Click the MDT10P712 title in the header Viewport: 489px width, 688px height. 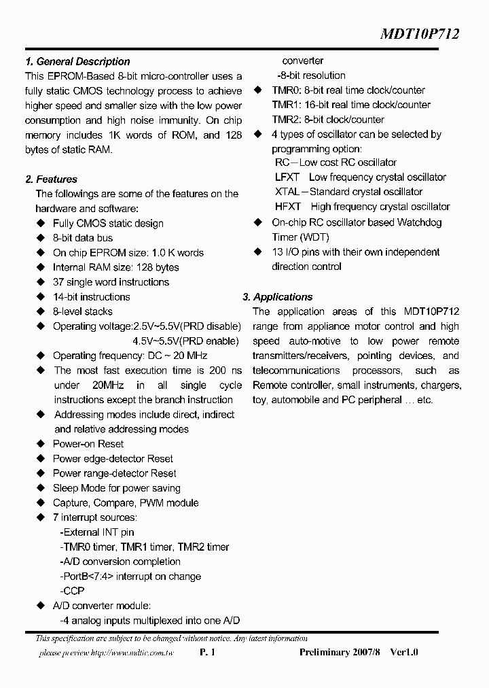pyautogui.click(x=418, y=34)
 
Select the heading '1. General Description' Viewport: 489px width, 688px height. pyautogui.click(x=77, y=61)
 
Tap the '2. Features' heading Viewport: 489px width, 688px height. pyautogui.click(x=51, y=179)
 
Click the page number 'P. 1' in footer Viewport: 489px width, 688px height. pyautogui.click(x=208, y=653)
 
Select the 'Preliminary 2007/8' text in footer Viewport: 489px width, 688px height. pyautogui.click(x=341, y=653)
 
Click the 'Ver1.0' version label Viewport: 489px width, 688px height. pyautogui.click(x=405, y=653)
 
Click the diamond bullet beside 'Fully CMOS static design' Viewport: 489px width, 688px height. pyautogui.click(x=40, y=224)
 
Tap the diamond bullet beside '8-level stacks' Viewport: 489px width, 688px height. pyautogui.click(x=40, y=312)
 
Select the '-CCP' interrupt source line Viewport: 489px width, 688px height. pyautogui.click(x=72, y=591)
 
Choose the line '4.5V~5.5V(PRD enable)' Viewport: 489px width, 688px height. pyautogui.click(x=185, y=341)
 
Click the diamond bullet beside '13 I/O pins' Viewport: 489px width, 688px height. pyautogui.click(x=258, y=252)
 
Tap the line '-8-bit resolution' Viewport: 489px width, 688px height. pyautogui.click(x=311, y=75)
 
